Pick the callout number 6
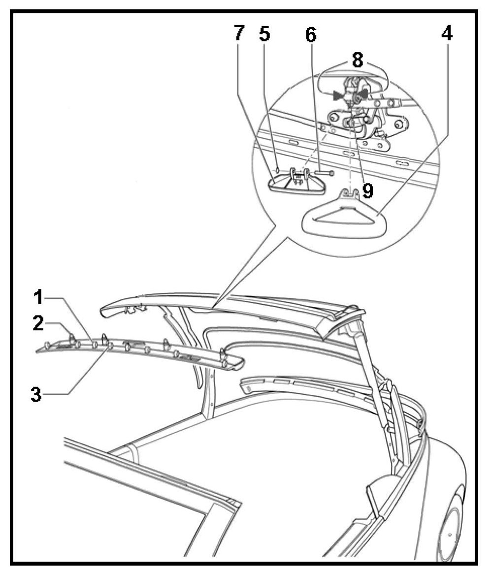click(x=311, y=34)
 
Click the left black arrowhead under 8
click(x=338, y=95)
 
